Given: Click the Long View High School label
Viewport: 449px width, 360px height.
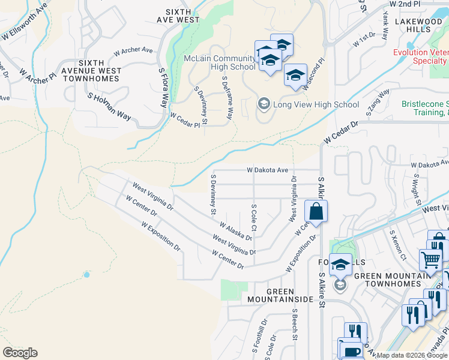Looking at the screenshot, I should [316, 104].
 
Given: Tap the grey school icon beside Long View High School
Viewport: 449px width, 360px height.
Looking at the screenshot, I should [264, 104].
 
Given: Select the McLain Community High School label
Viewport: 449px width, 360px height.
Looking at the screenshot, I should [220, 62].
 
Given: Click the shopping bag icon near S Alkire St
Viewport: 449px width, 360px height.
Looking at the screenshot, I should [315, 212].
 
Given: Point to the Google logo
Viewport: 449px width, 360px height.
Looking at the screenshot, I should [20, 353].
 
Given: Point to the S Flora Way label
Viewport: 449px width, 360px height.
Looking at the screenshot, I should [163, 88].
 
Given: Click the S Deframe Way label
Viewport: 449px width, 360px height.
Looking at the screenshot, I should [229, 95].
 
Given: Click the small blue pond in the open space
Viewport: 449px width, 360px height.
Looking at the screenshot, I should [87, 274].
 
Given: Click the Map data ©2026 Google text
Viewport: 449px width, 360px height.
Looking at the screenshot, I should [412, 355].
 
